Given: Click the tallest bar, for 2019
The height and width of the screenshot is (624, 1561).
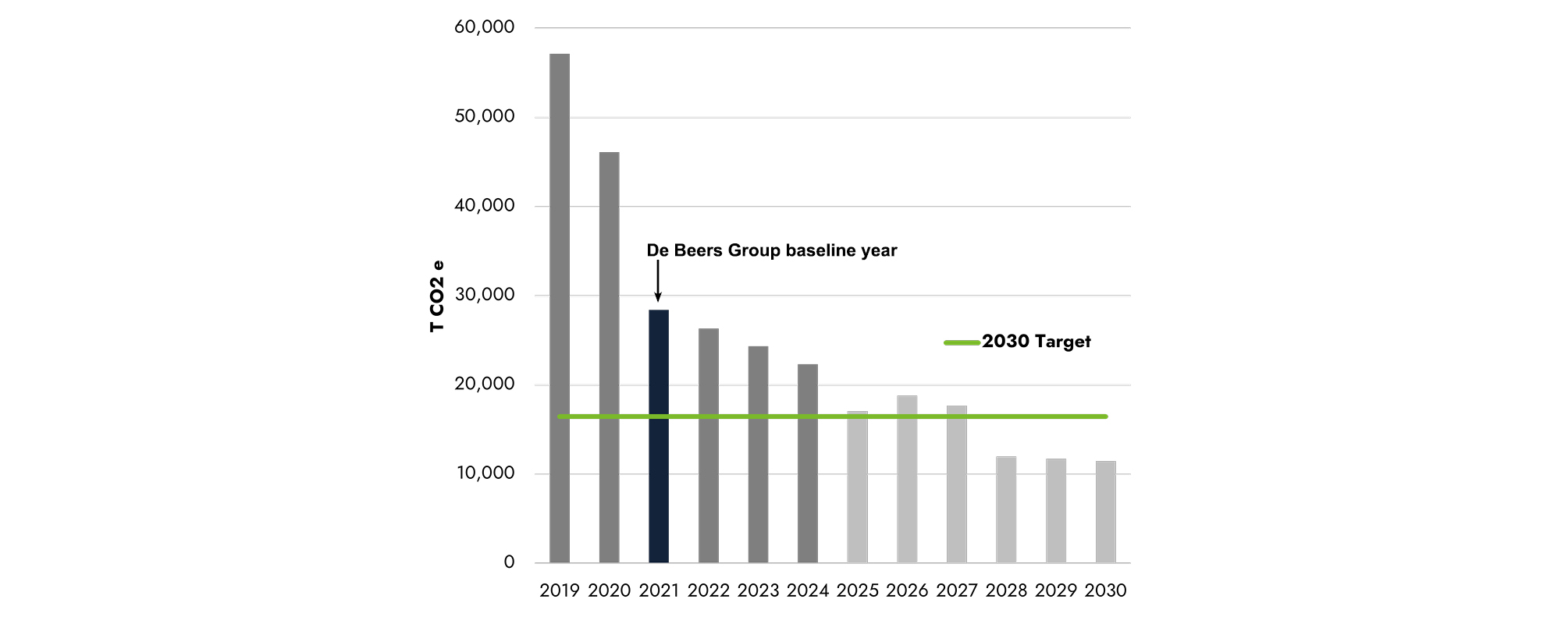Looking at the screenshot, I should click(x=560, y=308).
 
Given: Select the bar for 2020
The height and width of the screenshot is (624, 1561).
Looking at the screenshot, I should click(x=609, y=357).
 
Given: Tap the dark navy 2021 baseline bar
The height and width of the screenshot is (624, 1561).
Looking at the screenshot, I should click(x=659, y=436).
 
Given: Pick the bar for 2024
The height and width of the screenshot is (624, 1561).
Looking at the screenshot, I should click(x=808, y=463).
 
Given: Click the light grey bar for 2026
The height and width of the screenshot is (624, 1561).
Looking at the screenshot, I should click(x=907, y=479).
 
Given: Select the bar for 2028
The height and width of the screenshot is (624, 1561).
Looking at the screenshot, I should click(x=1006, y=509).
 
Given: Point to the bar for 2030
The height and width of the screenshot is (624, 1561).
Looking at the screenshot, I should click(x=1105, y=512).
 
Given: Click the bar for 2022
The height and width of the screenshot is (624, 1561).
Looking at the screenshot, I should click(x=709, y=445).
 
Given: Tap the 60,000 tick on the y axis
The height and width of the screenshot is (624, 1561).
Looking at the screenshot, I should click(x=484, y=27).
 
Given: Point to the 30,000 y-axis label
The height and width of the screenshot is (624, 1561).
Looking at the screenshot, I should click(x=484, y=295).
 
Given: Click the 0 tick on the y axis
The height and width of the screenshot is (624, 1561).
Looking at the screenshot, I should click(x=509, y=562).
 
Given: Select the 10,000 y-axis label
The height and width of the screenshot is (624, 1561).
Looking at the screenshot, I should click(x=485, y=473).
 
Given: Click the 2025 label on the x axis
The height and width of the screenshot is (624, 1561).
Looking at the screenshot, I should click(x=857, y=591).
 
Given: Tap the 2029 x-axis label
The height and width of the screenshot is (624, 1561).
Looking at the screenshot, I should click(x=1055, y=591).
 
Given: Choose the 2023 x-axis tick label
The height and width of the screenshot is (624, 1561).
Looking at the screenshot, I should click(x=758, y=591).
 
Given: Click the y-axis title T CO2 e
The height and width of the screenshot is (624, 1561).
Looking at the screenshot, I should click(x=437, y=296).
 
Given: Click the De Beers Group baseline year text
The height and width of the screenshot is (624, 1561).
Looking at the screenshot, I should click(x=771, y=250).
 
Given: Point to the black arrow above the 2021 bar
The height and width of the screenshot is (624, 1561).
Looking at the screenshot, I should click(x=658, y=281).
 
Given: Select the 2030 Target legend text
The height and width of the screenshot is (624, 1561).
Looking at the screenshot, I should click(x=1036, y=342).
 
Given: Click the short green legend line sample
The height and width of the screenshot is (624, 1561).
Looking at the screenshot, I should click(x=962, y=342).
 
